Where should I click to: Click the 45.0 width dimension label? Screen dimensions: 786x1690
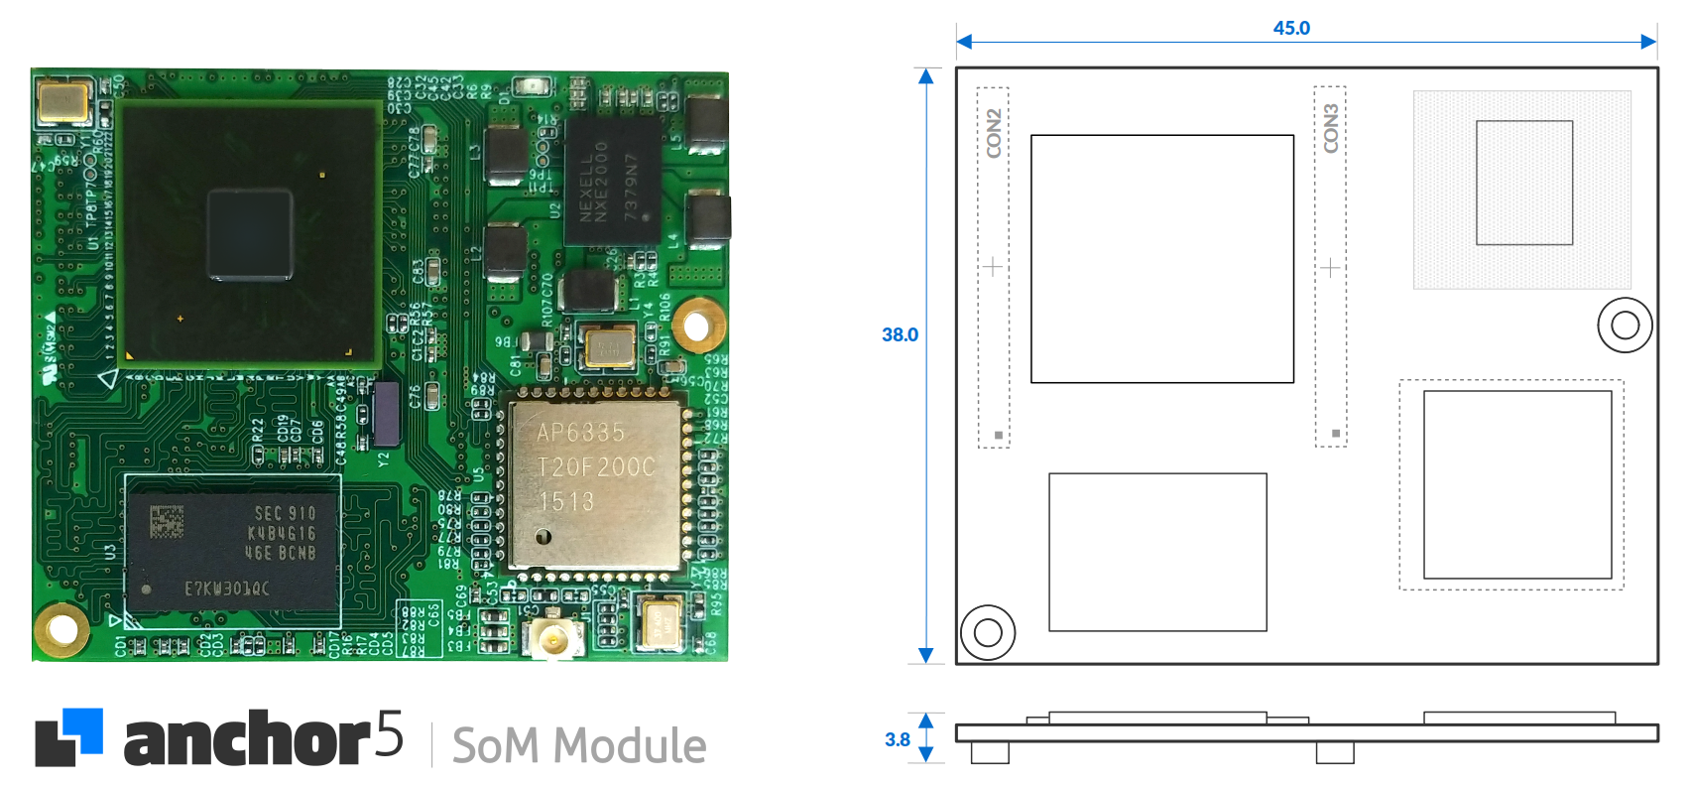1291,28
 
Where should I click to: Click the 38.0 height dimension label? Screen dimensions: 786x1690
900,334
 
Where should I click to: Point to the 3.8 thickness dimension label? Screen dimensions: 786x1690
897,739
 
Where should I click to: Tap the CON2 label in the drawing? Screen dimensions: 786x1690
994,133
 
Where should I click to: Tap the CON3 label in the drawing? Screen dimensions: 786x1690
1331,128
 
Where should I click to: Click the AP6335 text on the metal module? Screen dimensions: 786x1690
581,433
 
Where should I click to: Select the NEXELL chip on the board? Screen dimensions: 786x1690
611,182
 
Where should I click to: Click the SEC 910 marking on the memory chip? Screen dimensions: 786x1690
285,513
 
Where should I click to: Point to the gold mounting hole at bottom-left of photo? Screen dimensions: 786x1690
61,628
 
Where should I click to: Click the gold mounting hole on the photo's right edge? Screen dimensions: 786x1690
697,325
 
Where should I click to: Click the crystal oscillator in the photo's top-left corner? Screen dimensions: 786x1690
63,100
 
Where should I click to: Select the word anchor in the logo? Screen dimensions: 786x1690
247,740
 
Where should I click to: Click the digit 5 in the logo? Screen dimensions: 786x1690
390,735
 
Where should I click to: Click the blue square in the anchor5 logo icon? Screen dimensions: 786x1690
83,730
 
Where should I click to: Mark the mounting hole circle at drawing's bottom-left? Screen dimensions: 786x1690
988,632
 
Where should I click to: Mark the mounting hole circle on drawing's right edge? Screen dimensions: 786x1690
1625,325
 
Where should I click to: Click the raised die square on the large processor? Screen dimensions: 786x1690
250,235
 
